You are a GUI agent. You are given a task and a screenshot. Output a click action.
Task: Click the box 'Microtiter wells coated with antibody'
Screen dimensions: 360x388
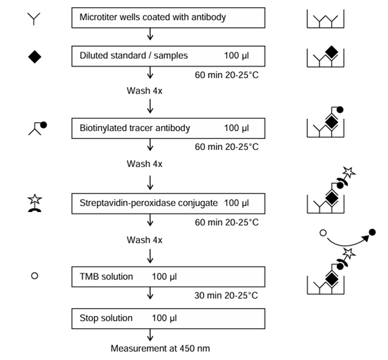168,18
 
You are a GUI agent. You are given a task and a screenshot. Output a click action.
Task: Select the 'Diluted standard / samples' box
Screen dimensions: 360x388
168,56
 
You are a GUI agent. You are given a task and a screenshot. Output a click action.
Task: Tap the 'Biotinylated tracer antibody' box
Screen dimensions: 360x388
168,128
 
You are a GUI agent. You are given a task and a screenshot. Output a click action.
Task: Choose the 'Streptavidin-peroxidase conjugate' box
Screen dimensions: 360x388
168,204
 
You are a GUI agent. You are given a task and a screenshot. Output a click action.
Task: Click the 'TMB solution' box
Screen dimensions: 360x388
168,277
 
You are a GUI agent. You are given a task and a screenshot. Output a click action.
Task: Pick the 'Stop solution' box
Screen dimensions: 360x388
168,318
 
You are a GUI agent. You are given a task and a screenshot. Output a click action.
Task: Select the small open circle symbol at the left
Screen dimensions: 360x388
35,276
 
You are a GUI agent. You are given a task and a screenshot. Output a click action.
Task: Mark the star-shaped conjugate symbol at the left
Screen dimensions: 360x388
35,202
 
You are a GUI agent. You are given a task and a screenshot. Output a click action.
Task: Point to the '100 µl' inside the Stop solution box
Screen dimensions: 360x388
164,318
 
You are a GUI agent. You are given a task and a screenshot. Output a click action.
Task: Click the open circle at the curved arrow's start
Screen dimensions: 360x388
323,231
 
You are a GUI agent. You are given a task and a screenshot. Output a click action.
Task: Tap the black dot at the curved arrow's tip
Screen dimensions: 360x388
372,231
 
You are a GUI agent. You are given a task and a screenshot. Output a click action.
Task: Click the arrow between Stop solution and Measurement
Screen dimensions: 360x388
150,334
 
